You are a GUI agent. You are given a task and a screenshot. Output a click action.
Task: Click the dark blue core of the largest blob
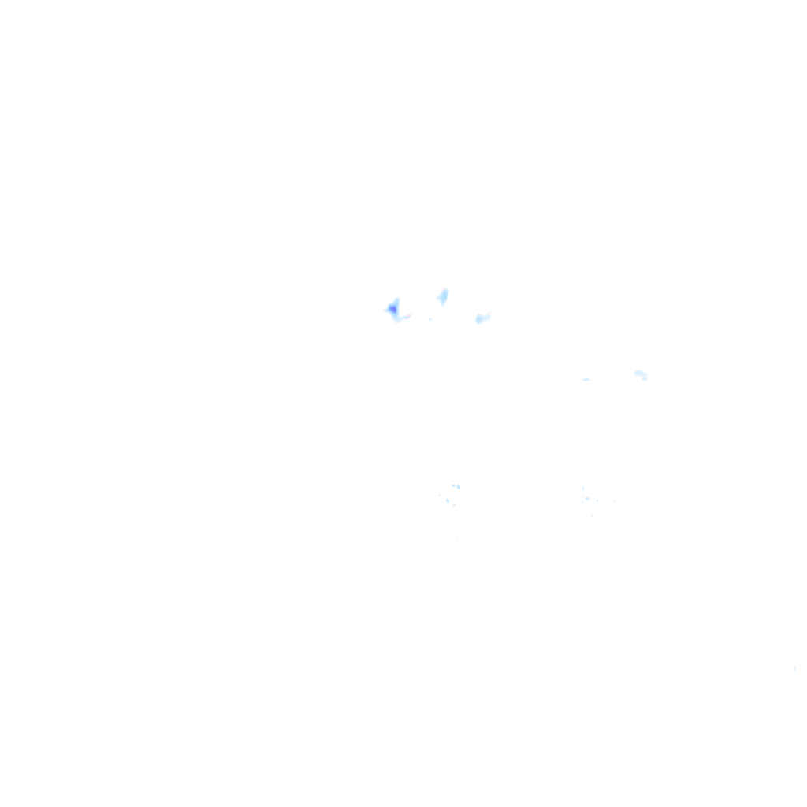(x=392, y=309)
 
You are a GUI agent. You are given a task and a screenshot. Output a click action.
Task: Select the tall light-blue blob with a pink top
(x=443, y=298)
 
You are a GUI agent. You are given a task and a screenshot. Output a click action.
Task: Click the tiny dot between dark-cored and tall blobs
(x=430, y=319)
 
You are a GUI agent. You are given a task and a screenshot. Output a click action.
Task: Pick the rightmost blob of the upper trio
(x=482, y=318)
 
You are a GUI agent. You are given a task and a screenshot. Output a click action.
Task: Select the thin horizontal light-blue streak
(x=586, y=379)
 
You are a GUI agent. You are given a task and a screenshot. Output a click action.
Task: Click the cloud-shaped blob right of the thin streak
(x=640, y=374)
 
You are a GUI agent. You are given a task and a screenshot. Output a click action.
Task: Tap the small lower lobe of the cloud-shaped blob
(x=645, y=378)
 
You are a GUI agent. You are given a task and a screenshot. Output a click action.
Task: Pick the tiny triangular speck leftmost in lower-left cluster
(x=439, y=495)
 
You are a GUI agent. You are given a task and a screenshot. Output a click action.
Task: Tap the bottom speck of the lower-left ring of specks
(x=454, y=504)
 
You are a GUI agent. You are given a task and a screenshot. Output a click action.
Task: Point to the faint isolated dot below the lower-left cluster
(x=457, y=540)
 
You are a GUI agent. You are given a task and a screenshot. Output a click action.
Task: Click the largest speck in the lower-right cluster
(x=586, y=499)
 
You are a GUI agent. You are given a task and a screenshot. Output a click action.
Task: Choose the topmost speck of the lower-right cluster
(x=583, y=489)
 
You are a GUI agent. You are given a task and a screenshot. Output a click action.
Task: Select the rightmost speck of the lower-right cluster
(x=613, y=500)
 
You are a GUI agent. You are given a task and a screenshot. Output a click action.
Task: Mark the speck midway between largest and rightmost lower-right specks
(x=597, y=500)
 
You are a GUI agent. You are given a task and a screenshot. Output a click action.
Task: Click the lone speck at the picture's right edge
(x=794, y=669)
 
